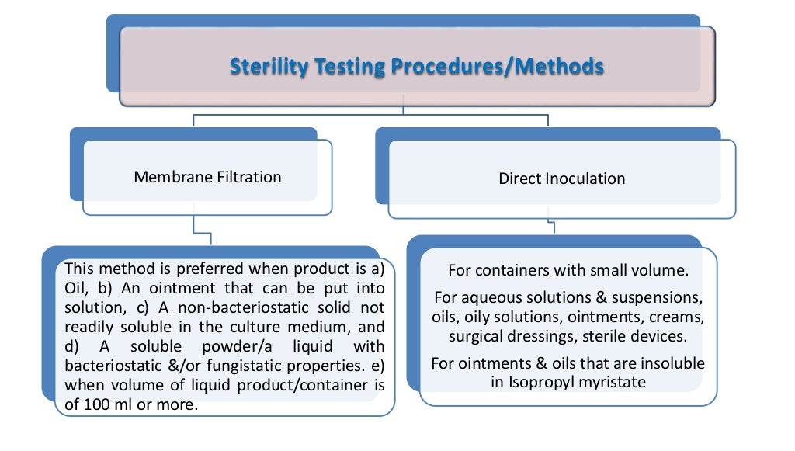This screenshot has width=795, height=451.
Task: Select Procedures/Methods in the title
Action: [x=497, y=68]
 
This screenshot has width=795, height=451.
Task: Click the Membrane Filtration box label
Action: [x=207, y=177]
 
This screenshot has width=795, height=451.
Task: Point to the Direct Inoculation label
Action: [x=561, y=179]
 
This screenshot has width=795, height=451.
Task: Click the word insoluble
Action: [x=667, y=363]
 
